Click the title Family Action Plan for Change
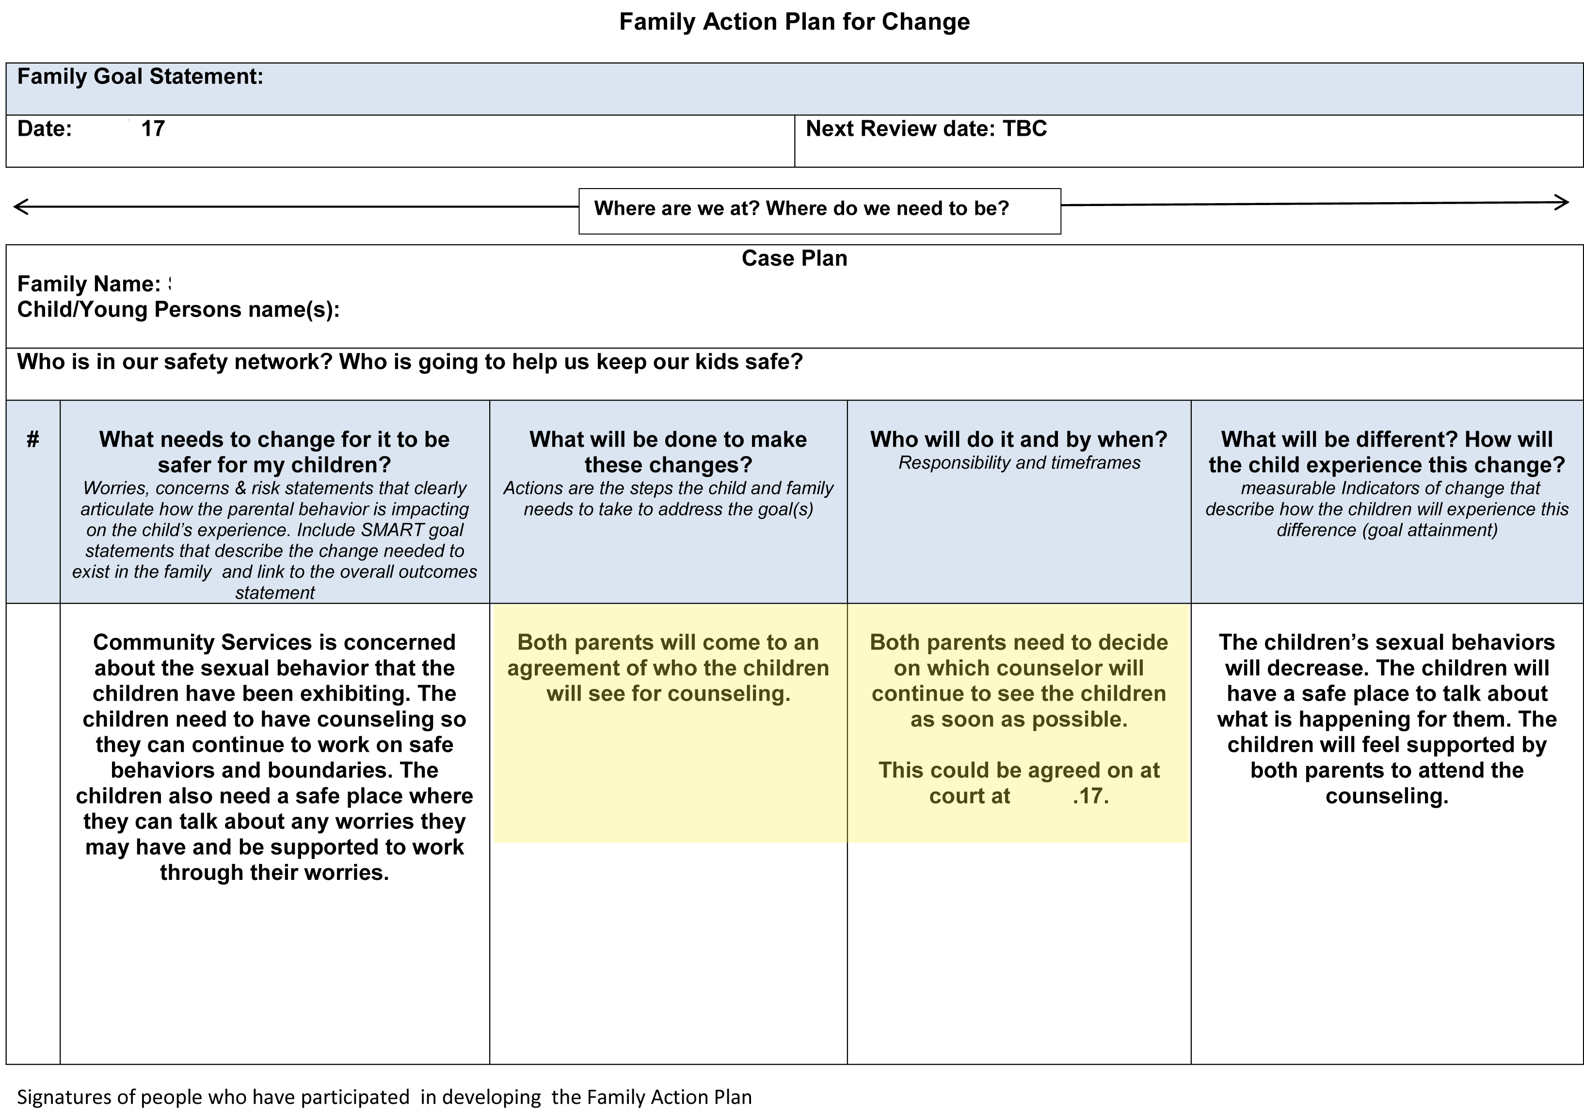pyautogui.click(x=794, y=22)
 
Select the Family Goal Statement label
pyautogui.click(x=140, y=77)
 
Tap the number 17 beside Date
pyautogui.click(x=153, y=129)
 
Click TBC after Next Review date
pyautogui.click(x=1024, y=129)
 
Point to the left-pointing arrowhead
pyautogui.click(x=21, y=207)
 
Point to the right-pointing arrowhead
pyautogui.click(x=1561, y=202)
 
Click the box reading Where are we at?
pyautogui.click(x=801, y=208)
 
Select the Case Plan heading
pyautogui.click(x=794, y=258)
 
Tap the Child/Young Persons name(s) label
pyautogui.click(x=178, y=310)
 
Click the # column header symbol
pyautogui.click(x=32, y=440)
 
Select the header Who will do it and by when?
pyautogui.click(x=1018, y=440)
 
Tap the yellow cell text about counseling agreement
pyautogui.click(x=668, y=668)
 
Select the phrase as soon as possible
pyautogui.click(x=1018, y=719)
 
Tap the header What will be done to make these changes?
pyautogui.click(x=668, y=452)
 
